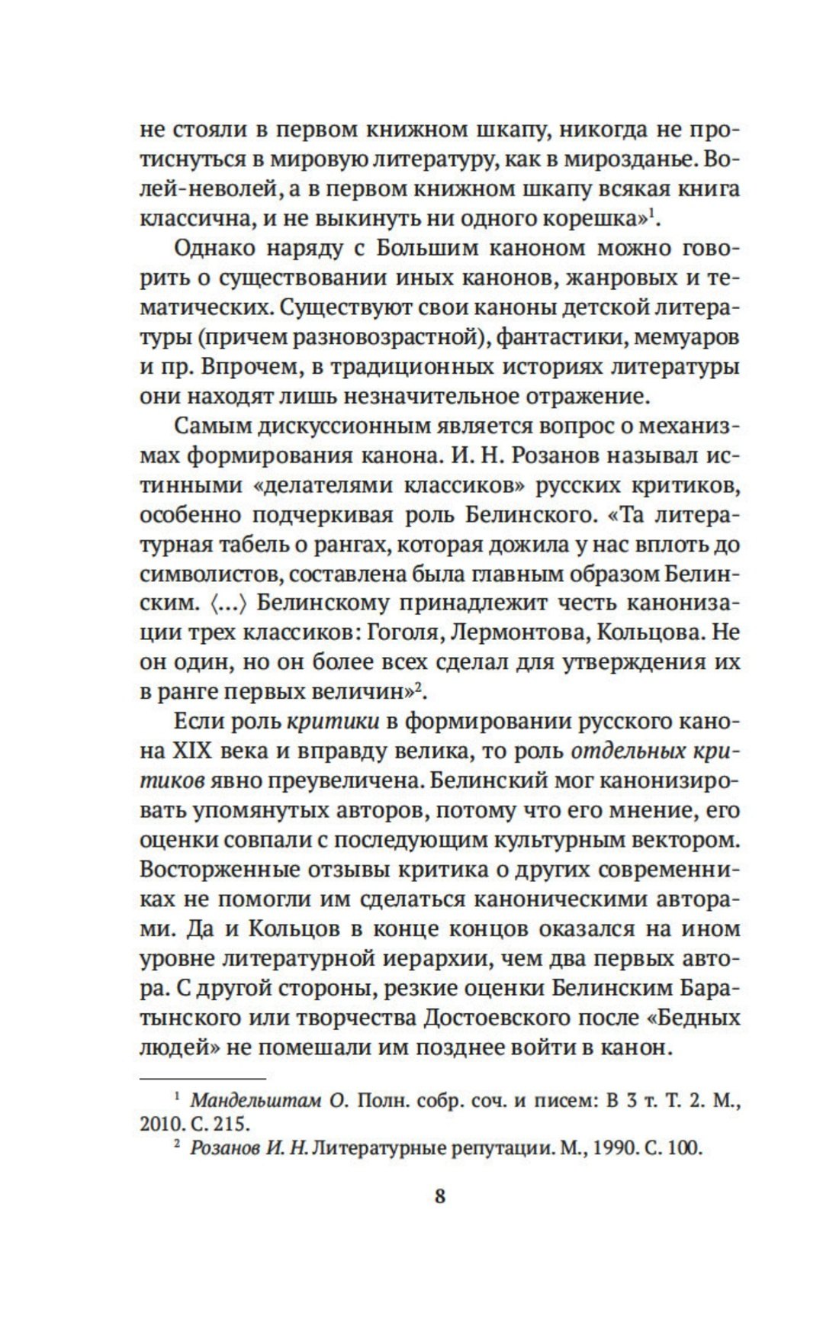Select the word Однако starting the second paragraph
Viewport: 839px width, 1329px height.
click(214, 248)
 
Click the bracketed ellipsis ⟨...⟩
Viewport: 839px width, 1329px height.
click(228, 603)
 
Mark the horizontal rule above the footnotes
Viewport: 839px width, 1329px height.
click(203, 1079)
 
